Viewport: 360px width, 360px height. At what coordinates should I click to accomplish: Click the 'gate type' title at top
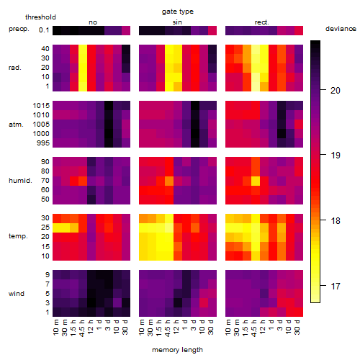(x=178, y=12)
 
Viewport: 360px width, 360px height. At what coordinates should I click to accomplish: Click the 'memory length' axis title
(x=177, y=350)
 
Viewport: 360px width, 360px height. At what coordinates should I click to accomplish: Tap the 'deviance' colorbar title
(x=341, y=29)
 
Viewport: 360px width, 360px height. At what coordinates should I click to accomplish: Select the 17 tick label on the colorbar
(x=336, y=286)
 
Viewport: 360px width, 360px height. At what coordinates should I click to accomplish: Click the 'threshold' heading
(x=40, y=17)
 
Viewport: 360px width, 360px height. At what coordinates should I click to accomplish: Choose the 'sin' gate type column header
(x=177, y=22)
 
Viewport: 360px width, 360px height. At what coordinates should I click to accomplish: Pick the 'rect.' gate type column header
(x=261, y=22)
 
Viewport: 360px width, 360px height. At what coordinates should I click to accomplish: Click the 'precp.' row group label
(x=19, y=29)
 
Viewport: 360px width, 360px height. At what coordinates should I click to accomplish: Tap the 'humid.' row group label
(x=20, y=180)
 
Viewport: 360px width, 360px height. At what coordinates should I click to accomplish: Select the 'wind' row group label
(x=17, y=294)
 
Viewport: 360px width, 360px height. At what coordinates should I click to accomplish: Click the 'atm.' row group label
(x=16, y=125)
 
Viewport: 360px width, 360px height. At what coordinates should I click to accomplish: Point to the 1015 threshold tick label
(x=41, y=106)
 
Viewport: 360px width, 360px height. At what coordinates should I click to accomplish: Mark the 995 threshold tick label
(x=43, y=143)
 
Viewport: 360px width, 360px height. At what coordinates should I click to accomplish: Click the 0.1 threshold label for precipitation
(x=44, y=30)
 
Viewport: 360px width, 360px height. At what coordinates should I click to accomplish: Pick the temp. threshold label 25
(x=45, y=228)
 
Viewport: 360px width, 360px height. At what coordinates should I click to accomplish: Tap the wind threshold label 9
(x=48, y=275)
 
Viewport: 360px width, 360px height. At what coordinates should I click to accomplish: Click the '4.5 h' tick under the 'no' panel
(x=82, y=328)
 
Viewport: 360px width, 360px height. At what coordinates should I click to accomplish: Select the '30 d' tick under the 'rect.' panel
(x=297, y=328)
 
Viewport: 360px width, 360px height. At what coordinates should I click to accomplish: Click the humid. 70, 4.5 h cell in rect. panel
(x=256, y=181)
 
